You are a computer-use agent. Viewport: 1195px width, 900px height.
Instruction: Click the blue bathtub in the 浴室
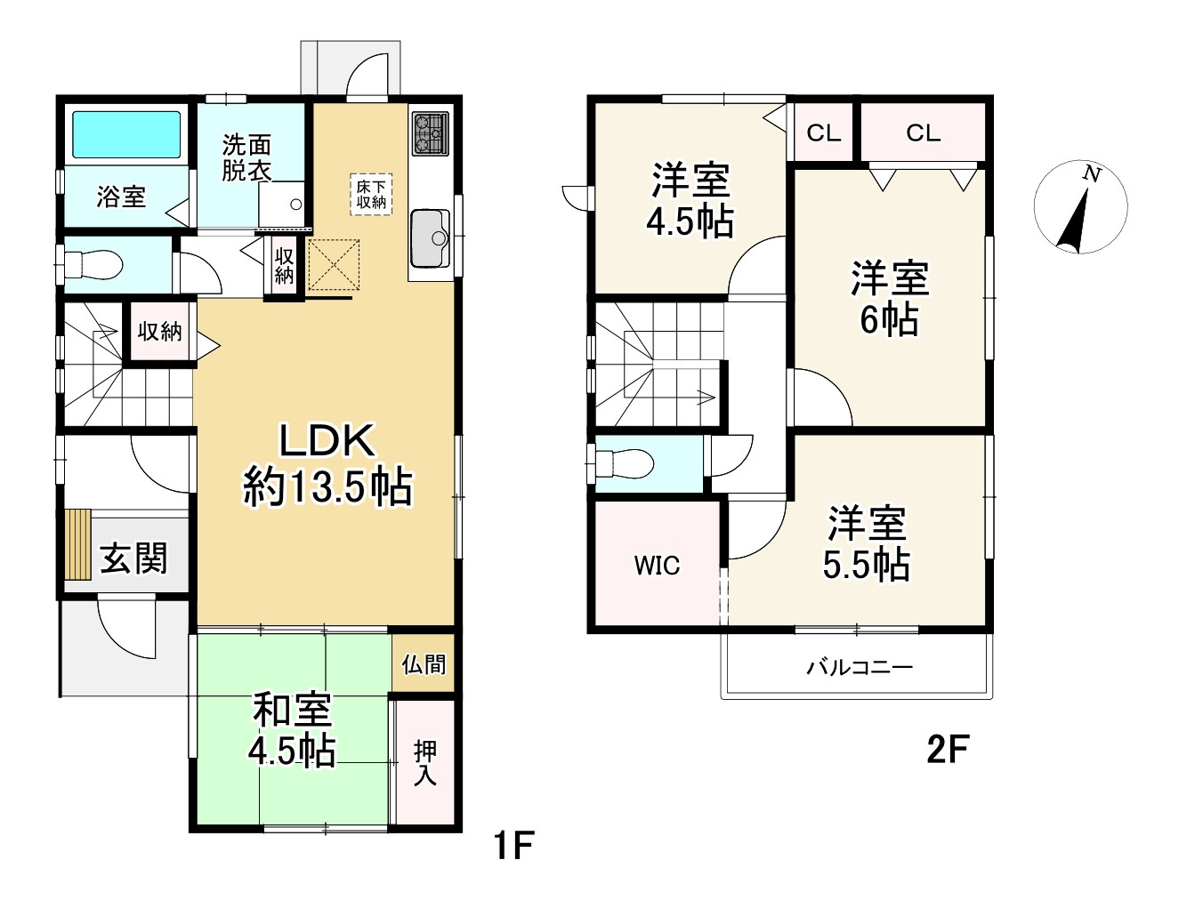(x=126, y=134)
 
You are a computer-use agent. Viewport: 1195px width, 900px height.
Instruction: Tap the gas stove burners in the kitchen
(x=430, y=134)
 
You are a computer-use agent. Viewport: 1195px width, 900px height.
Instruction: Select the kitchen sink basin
(x=430, y=237)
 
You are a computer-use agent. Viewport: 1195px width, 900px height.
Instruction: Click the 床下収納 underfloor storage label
(x=371, y=195)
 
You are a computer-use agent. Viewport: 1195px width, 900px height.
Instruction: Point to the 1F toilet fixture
(x=93, y=265)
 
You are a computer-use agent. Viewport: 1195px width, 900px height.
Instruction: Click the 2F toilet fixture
(x=625, y=463)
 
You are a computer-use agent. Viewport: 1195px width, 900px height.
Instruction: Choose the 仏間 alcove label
(x=424, y=663)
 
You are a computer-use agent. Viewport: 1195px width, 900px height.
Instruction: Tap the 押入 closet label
(x=424, y=762)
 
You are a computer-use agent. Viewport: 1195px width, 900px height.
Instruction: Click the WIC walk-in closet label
(x=657, y=566)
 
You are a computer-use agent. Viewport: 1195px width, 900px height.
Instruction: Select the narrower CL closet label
(x=824, y=133)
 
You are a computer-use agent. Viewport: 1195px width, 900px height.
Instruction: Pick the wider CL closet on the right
(x=924, y=133)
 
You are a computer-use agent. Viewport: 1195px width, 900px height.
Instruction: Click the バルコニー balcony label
(x=859, y=667)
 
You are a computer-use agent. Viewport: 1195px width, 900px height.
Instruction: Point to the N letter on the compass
(x=1091, y=174)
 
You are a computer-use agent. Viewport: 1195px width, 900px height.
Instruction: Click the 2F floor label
(x=948, y=750)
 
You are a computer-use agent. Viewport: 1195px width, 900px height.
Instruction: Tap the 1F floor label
(x=514, y=844)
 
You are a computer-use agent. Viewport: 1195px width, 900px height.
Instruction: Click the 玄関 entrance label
(x=133, y=558)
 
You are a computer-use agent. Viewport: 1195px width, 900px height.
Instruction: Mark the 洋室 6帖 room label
(x=890, y=298)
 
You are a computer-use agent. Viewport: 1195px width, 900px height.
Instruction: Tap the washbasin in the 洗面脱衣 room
(x=281, y=204)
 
